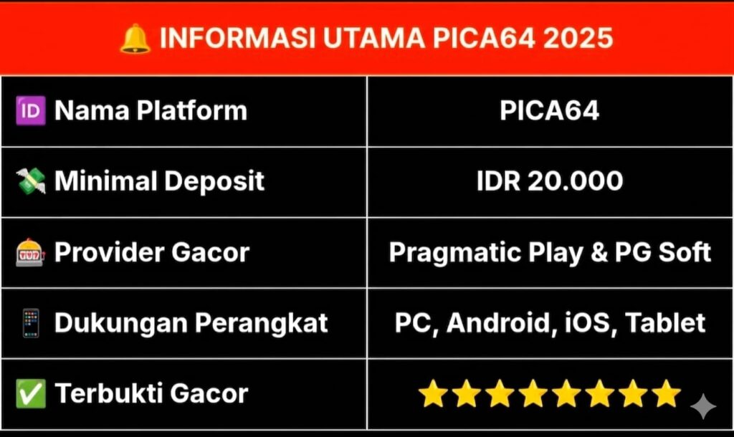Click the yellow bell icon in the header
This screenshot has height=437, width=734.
coord(135,39)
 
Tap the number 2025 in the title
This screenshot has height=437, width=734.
coord(578,38)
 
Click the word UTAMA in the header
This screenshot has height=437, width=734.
coord(374,38)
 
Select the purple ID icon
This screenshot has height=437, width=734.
coord(31,111)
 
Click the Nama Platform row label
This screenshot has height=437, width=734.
coord(151,111)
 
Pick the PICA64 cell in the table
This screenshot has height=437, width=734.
coord(550,111)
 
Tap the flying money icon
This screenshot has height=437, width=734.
coord(31,181)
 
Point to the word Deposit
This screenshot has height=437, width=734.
coord(214,181)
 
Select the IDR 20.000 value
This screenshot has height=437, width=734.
coord(550,181)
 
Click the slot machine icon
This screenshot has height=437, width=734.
coord(30,253)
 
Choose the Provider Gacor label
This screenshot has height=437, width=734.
coord(152,253)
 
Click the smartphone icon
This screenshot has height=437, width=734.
coord(31,323)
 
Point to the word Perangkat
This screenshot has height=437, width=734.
coord(261,324)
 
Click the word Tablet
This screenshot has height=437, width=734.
coord(665,323)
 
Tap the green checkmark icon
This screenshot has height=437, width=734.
coord(31,393)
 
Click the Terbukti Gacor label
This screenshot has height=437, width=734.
coord(151,393)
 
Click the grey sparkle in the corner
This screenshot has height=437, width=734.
coord(702,406)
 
